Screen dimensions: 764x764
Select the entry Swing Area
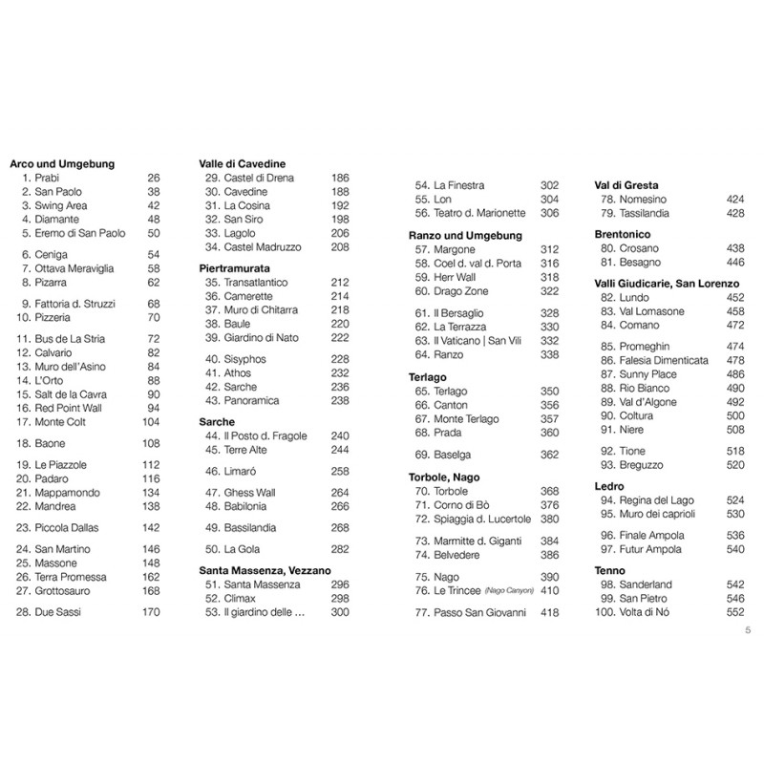(x=61, y=205)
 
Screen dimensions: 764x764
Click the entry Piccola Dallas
(x=67, y=527)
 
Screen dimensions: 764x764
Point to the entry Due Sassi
(x=57, y=611)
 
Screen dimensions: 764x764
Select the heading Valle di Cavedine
(x=243, y=164)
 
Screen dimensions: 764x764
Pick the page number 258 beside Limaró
(x=340, y=471)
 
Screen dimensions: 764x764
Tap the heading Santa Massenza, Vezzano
(x=265, y=570)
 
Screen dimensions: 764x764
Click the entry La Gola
(x=242, y=549)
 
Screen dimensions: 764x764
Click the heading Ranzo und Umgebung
(x=463, y=235)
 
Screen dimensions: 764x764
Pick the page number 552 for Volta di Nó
(x=734, y=611)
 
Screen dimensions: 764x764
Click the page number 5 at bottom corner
(x=748, y=629)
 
